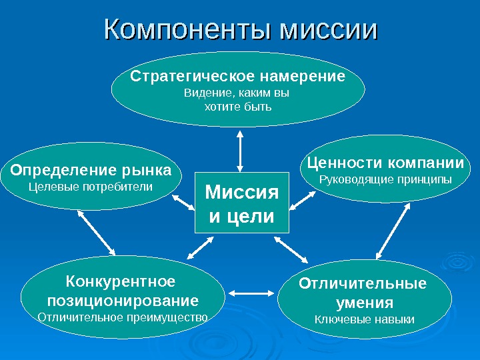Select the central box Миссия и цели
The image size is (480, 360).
[x=241, y=203]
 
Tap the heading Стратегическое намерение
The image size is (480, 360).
[x=238, y=76]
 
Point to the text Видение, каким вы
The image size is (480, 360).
[x=237, y=93]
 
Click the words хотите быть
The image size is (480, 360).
[x=237, y=106]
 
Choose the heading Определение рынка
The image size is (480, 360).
[x=91, y=169]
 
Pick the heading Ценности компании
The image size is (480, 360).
[x=385, y=163]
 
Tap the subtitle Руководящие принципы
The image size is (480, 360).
[x=385, y=179]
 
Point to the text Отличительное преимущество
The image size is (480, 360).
[x=123, y=317]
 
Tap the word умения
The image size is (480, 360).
[x=364, y=303]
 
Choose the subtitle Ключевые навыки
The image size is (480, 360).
[x=364, y=320]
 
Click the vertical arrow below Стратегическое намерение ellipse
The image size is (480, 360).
[x=239, y=149]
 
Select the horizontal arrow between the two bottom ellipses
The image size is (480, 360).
[x=252, y=292]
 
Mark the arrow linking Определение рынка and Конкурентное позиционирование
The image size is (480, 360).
[x=97, y=233]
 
